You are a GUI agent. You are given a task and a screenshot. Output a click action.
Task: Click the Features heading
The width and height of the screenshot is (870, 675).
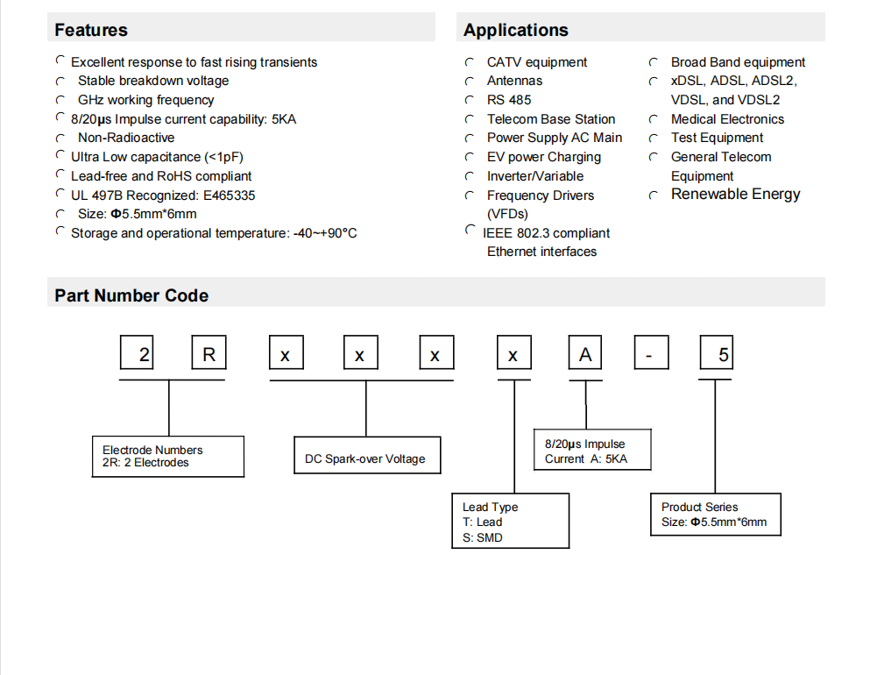click(x=91, y=30)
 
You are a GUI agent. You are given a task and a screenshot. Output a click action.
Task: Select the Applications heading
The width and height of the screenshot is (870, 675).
click(x=516, y=30)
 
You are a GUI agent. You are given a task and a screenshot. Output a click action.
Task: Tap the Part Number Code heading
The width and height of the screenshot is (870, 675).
click(x=131, y=295)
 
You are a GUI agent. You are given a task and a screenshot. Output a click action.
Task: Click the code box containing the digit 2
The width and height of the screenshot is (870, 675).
click(x=137, y=352)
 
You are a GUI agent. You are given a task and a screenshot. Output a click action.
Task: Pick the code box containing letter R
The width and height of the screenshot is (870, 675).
click(x=209, y=352)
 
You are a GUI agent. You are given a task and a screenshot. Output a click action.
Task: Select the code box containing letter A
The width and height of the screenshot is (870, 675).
click(x=585, y=352)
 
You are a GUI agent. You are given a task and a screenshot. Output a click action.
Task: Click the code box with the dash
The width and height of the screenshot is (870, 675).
click(x=651, y=352)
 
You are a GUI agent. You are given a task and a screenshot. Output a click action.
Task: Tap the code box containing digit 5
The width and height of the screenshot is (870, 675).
click(x=717, y=352)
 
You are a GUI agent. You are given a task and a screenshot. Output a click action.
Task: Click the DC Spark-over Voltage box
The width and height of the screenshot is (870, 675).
click(x=367, y=455)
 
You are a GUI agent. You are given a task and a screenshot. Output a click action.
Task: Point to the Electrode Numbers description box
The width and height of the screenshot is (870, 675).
click(x=168, y=457)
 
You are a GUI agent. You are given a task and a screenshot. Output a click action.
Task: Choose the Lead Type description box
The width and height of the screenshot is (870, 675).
click(x=511, y=521)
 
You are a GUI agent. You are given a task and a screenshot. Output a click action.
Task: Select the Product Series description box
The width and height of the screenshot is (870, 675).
click(x=716, y=515)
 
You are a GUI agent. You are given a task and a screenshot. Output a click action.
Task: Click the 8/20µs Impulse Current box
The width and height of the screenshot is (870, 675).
click(x=592, y=451)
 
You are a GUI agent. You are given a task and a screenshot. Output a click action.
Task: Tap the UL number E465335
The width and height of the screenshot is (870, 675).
click(x=230, y=195)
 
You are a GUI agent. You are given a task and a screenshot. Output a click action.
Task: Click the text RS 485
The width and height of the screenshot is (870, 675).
click(x=509, y=100)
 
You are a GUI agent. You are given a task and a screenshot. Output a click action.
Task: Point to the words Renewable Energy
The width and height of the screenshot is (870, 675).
click(x=736, y=195)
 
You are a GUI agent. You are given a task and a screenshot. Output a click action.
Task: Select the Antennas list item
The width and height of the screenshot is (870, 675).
click(x=514, y=81)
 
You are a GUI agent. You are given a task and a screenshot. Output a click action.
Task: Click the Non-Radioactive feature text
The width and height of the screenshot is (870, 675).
click(x=126, y=138)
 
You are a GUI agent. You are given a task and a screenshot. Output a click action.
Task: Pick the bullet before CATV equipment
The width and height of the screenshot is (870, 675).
click(x=470, y=62)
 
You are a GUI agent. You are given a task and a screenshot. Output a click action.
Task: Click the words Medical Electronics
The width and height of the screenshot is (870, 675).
click(x=727, y=119)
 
